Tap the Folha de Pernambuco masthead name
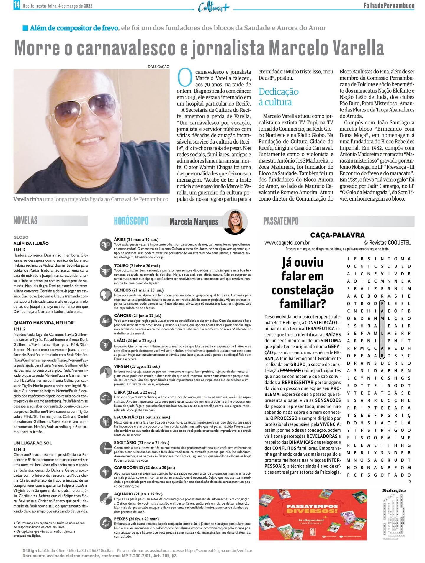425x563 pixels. [x=389, y=6]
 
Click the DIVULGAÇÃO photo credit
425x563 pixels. [x=158, y=67]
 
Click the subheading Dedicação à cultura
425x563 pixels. [x=278, y=97]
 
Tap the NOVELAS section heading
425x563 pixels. [x=26, y=221]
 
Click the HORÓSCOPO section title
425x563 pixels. [x=131, y=221]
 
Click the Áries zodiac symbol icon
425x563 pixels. [x=104, y=245]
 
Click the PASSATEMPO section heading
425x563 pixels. [x=281, y=221]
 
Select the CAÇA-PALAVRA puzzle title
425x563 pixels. [x=337, y=235]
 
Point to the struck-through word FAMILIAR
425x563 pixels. [x=290, y=370]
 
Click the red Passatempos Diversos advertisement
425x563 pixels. [x=313, y=514]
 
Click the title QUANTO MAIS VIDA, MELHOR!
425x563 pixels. [x=44, y=323]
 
